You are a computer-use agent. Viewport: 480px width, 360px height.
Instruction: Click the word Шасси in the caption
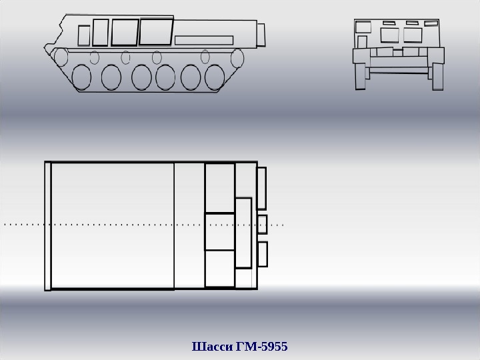coord(212,347)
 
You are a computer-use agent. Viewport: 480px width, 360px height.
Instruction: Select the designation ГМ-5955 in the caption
coord(262,347)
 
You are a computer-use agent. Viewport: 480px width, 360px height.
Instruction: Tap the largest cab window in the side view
coord(156,31)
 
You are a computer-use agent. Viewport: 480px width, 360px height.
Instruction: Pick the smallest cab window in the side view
coord(84,35)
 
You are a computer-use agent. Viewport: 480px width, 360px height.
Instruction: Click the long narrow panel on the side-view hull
coord(204,40)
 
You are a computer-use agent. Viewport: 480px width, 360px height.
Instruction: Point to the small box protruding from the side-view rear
coord(261,35)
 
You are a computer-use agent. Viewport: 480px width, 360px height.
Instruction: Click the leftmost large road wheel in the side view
coord(81,77)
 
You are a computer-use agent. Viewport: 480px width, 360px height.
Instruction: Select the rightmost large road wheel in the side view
coord(215,77)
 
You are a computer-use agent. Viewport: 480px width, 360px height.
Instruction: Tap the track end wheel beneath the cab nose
coord(61,57)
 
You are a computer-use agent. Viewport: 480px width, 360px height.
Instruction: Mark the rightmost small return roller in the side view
coord(205,57)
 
